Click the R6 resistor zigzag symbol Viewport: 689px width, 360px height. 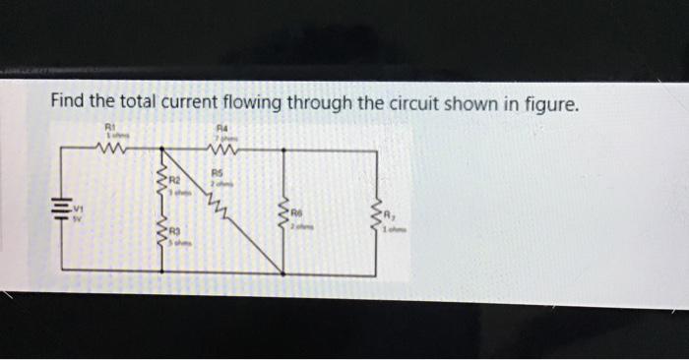[x=285, y=213]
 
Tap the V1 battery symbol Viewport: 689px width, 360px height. [x=62, y=212]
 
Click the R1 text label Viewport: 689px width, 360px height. [x=109, y=126]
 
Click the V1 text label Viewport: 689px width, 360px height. [x=79, y=209]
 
